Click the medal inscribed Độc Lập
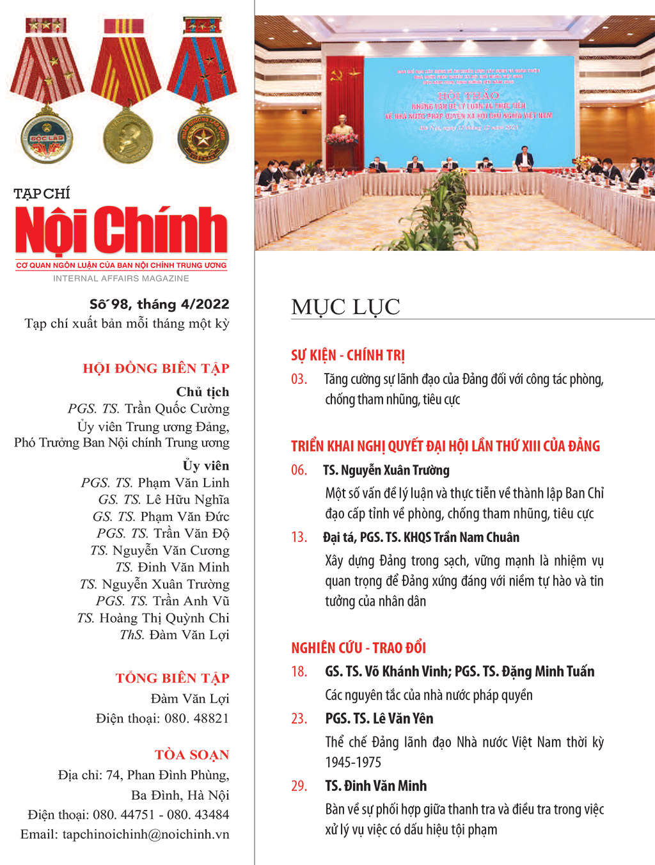(x=47, y=138)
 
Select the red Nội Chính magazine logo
(x=121, y=230)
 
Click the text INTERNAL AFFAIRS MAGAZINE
(x=121, y=278)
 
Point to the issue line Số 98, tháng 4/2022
(x=159, y=305)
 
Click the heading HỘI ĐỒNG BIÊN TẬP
(x=156, y=369)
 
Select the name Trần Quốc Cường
(x=177, y=409)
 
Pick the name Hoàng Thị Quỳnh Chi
(x=164, y=618)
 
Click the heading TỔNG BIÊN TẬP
(x=172, y=678)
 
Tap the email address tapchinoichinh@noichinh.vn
(x=145, y=834)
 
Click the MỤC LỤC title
(x=345, y=307)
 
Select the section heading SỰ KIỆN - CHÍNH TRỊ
(x=348, y=356)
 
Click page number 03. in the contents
(x=299, y=379)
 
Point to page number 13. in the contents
(x=299, y=537)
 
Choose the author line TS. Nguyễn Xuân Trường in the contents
(x=386, y=471)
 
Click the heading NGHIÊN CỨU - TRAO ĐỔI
(x=358, y=648)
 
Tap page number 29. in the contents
(x=299, y=786)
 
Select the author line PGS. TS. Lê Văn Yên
(x=379, y=718)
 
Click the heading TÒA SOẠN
(x=192, y=755)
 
